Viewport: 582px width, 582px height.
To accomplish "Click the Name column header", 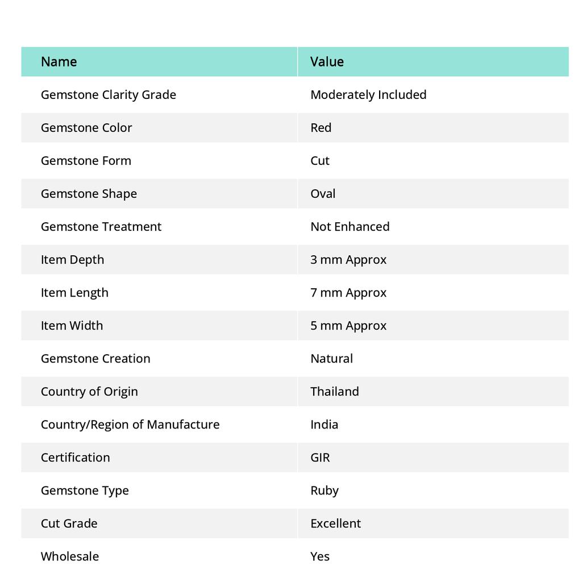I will click(x=59, y=61).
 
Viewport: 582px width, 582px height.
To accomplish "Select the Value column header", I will click(x=327, y=61).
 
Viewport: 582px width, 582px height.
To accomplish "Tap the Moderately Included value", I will click(x=368, y=94).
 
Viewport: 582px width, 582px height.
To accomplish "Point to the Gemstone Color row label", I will click(x=86, y=127).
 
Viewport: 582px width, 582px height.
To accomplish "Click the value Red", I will click(x=321, y=127).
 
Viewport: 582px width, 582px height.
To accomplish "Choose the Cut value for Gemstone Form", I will click(x=320, y=160).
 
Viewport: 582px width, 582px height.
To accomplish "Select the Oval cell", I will click(x=323, y=193).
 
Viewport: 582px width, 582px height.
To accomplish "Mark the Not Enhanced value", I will click(x=350, y=226).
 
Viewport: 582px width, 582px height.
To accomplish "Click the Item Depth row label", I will click(x=72, y=259).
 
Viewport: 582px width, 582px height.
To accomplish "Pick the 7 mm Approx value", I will click(x=348, y=292).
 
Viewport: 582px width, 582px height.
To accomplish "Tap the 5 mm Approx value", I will click(x=348, y=325).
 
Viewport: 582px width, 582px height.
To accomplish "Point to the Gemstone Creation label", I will click(x=95, y=358).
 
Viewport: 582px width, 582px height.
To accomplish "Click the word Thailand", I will click(x=334, y=391).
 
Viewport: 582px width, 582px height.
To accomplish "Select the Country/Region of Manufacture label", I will click(x=130, y=424).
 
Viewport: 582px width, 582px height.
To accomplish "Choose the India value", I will click(x=324, y=424).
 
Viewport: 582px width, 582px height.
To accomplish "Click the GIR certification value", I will click(x=320, y=457).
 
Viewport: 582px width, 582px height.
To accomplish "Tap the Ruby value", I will click(x=324, y=490).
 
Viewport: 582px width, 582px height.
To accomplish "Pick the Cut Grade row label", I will click(x=69, y=523).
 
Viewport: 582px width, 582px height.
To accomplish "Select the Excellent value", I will click(x=335, y=523).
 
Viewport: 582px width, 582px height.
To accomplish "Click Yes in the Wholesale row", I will click(x=320, y=556).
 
